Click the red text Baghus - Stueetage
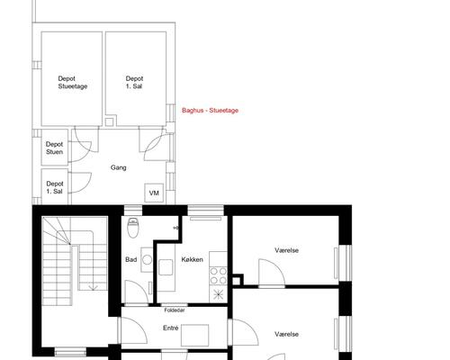210,111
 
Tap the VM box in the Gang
154,193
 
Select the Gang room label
119,167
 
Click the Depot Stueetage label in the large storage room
73,83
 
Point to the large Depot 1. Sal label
134,83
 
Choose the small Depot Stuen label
54,148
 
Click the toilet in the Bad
132,228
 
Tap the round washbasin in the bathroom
147,260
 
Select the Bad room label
131,259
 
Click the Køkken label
193,259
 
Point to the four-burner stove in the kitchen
218,275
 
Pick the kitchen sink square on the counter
166,267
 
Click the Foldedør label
175,310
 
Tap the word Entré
171,328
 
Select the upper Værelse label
286,250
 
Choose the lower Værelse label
286,334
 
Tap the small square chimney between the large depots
109,121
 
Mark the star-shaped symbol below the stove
218,294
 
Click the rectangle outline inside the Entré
194,335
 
